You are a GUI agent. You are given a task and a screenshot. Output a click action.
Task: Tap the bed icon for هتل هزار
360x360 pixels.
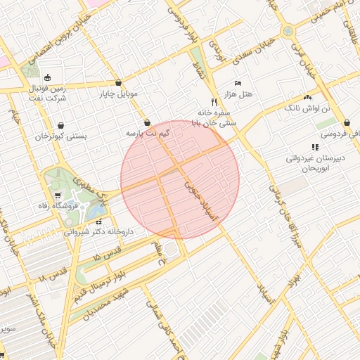tap(238, 83)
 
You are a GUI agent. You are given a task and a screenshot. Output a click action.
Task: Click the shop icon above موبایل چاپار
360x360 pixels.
tap(118, 82)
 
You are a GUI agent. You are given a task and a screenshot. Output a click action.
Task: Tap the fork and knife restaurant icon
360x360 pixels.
tap(214, 101)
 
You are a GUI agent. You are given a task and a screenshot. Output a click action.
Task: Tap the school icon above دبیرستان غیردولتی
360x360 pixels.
tap(315, 147)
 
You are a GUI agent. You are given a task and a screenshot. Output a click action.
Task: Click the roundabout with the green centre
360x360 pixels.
tap(288, 31)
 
